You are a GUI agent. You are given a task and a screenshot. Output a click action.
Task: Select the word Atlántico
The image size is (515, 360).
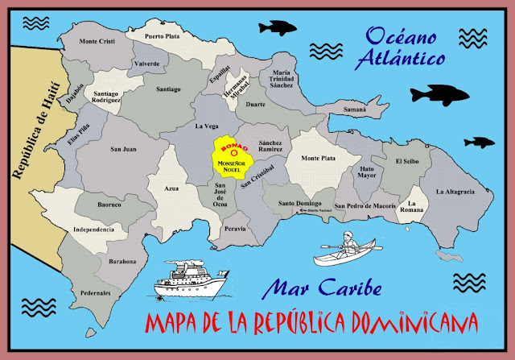coord(402,58)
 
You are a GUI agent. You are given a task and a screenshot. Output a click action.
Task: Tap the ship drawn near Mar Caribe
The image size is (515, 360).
coord(191,279)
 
